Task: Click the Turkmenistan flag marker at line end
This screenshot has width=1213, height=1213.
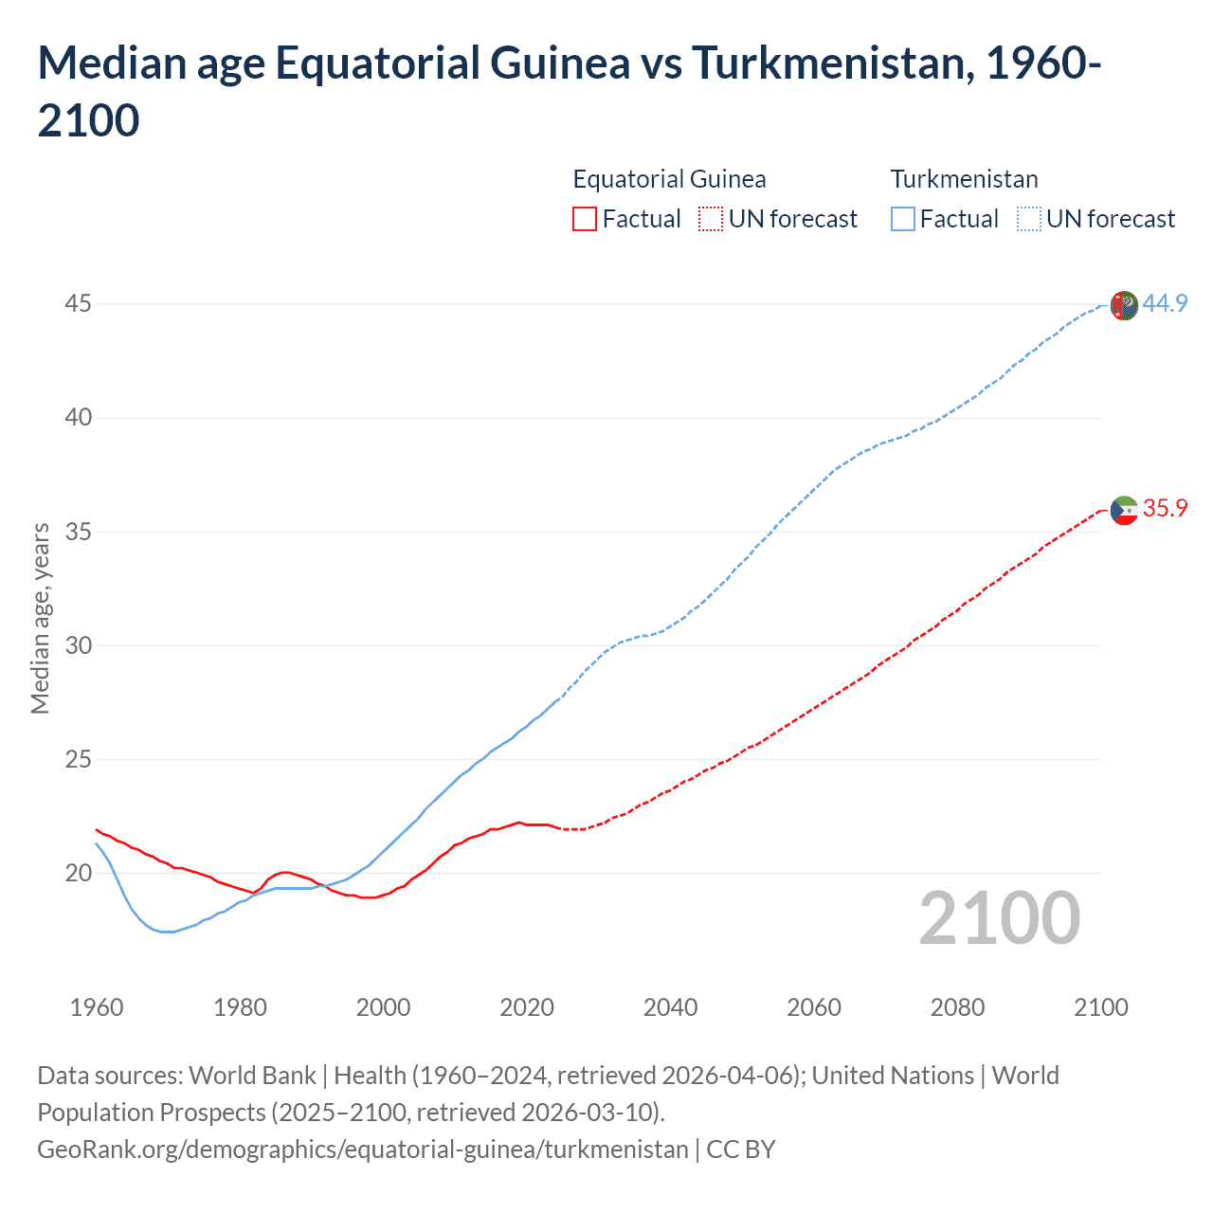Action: coord(1123,306)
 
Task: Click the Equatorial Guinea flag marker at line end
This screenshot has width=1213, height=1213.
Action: coord(1123,511)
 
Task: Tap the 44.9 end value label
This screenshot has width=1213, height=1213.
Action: coord(1165,303)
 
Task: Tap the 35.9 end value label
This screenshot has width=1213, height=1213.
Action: coord(1165,508)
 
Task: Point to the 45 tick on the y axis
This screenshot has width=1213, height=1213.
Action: coord(79,303)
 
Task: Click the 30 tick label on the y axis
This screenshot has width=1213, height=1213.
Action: coord(79,645)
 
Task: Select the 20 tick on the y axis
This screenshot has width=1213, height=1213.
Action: coord(79,873)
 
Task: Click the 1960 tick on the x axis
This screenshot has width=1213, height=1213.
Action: coord(97,1006)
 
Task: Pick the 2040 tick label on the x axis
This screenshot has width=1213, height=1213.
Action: coord(670,1006)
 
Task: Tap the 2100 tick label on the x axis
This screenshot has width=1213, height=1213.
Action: coord(1100,1006)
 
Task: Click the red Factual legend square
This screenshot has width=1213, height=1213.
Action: coord(585,219)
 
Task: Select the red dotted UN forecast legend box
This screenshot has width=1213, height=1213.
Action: coord(711,219)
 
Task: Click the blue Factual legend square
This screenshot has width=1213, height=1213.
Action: coord(902,219)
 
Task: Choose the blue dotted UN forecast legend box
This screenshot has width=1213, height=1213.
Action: coord(1028,219)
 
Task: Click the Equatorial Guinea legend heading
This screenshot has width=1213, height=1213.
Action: coord(669,179)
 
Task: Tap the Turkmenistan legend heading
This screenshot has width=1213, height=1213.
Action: coord(964,179)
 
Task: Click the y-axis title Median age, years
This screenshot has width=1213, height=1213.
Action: coord(40,618)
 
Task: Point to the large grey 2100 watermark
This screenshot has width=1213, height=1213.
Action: coord(999,918)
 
